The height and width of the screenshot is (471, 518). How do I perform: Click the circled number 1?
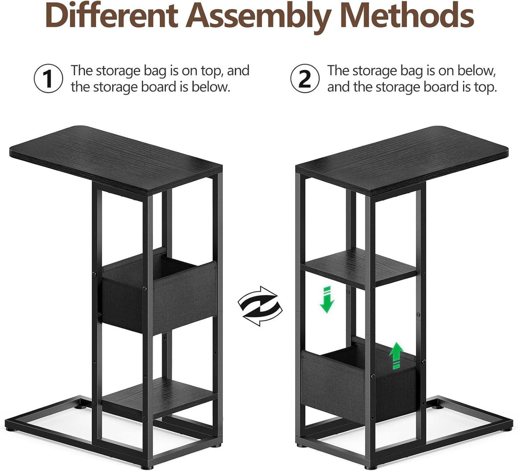[x=48, y=78]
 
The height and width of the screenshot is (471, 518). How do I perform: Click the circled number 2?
[x=305, y=78]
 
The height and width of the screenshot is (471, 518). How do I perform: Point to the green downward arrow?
[x=327, y=299]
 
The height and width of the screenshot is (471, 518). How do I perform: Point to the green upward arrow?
[x=396, y=355]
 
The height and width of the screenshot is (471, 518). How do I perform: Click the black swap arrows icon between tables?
[x=260, y=306]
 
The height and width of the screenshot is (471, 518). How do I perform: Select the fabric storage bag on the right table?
[x=359, y=377]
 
